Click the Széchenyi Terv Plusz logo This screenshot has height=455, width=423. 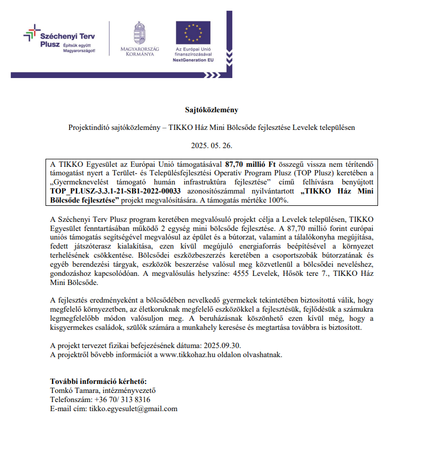click(x=59, y=39)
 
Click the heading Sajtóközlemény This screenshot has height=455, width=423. click(x=211, y=110)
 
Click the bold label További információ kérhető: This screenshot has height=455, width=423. click(x=98, y=382)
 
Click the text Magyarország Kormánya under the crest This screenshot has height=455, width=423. click(x=140, y=52)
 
